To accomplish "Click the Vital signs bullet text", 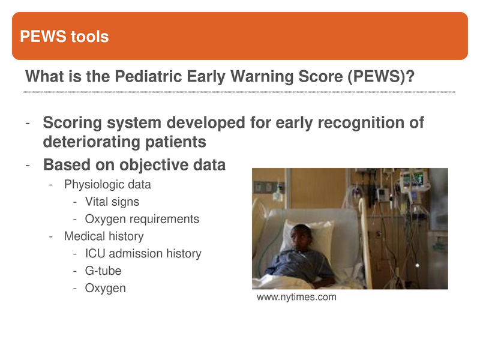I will coord(112,202).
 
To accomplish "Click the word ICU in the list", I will coord(94,254).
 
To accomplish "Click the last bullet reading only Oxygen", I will coord(106,289).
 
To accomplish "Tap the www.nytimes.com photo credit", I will coord(296,298).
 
